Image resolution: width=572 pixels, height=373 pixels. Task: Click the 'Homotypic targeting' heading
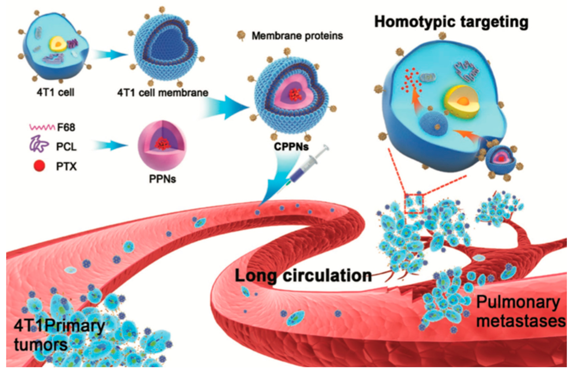coord(451,22)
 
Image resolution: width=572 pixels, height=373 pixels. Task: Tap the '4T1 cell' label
coord(55,92)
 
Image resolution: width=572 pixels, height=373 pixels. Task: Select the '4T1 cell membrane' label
coord(162,93)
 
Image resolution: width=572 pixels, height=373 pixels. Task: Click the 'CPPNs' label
coord(291,146)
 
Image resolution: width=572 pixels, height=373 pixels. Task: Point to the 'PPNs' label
coord(162,179)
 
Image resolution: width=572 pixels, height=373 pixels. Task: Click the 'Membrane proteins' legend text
coord(297,36)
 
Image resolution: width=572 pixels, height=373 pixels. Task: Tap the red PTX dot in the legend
coord(39,166)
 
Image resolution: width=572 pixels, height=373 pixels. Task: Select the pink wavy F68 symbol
coord(42,127)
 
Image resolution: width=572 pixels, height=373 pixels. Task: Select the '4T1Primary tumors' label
coord(59,335)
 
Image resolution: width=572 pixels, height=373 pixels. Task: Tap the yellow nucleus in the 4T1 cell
coord(58,44)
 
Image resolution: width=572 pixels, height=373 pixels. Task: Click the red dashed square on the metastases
coord(414,204)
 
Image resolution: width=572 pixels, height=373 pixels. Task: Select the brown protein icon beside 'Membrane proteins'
coord(241,35)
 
